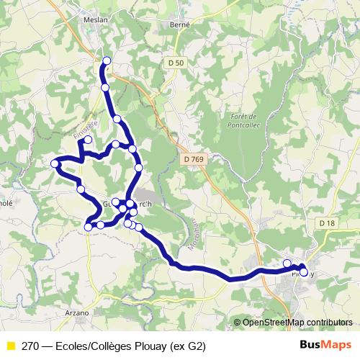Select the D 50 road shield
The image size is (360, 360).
pyautogui.click(x=175, y=63)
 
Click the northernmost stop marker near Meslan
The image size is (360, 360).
pyautogui.click(x=107, y=61)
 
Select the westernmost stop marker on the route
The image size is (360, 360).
pyautogui.click(x=55, y=164)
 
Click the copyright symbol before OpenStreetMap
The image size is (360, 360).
pyautogui.click(x=238, y=322)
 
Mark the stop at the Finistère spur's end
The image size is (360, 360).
pyautogui.click(x=88, y=140)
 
